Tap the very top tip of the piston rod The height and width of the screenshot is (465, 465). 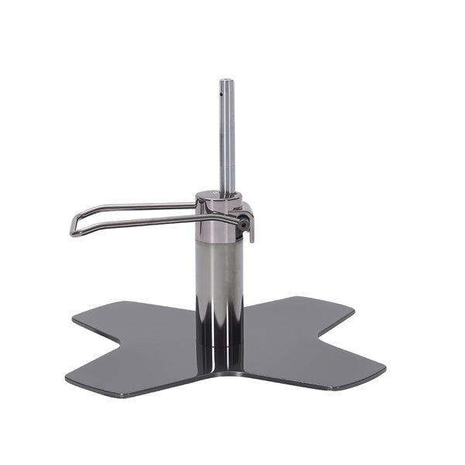point(226,81)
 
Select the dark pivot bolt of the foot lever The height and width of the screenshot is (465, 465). point(245,224)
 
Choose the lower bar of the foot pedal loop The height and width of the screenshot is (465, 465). point(147,225)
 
